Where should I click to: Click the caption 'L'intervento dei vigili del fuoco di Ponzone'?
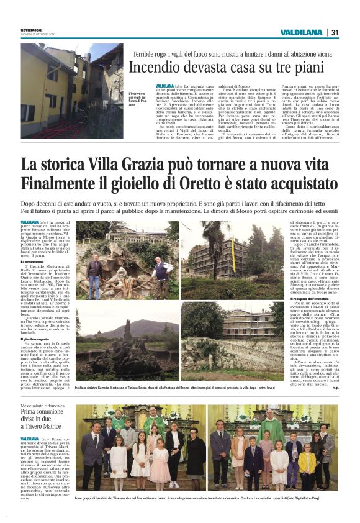139,99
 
